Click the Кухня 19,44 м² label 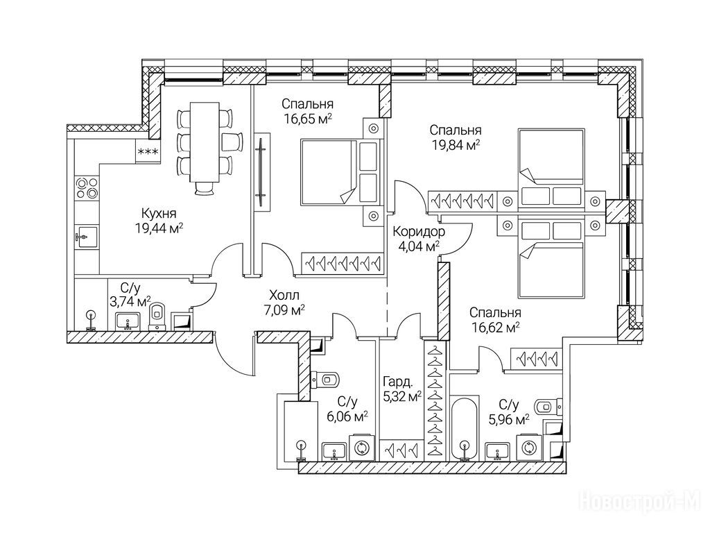tap(159, 220)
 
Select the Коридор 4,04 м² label tap(418, 239)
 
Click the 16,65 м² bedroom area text tap(308, 119)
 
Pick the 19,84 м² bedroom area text tap(455, 145)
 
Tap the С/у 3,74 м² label tap(130, 295)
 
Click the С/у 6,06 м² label tap(347, 408)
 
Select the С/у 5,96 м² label tap(508, 412)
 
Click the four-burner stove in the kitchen tap(87, 187)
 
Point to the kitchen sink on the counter tap(87, 237)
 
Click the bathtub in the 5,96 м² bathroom tap(464, 428)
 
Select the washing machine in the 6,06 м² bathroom tap(362, 448)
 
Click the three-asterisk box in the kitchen tap(148, 151)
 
